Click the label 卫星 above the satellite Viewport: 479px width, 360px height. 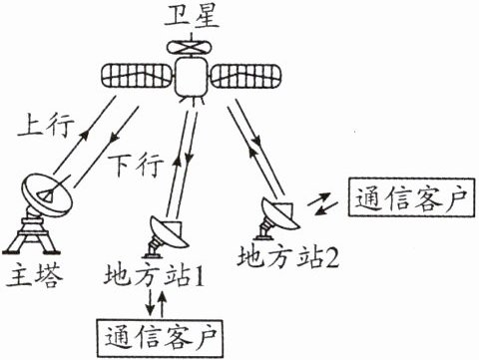[x=192, y=16]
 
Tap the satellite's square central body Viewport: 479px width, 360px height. [x=191, y=77]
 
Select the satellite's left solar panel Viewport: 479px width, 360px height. [x=136, y=76]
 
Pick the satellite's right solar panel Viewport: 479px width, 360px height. [x=246, y=76]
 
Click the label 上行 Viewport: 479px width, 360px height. [x=46, y=126]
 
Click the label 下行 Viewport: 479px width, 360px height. [x=136, y=164]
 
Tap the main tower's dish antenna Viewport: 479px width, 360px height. [x=47, y=194]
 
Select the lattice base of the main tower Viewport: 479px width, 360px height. [x=32, y=235]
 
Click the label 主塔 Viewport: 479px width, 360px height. [x=35, y=274]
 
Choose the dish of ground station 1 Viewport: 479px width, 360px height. [x=169, y=231]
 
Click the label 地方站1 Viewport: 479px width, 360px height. [x=154, y=274]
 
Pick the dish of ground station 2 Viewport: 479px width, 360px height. [x=280, y=213]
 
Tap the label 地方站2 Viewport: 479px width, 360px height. [x=288, y=256]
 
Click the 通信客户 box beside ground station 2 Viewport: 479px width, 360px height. [x=411, y=197]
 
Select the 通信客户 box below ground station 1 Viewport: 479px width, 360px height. [x=160, y=338]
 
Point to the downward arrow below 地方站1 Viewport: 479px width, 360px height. [x=151, y=302]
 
